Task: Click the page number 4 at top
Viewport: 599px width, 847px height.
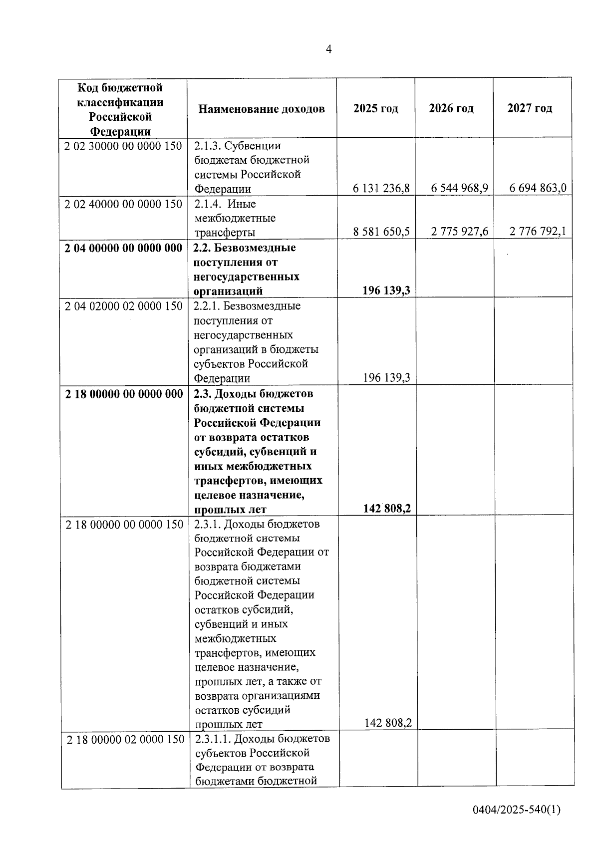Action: (x=328, y=49)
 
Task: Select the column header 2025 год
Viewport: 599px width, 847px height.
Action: (x=375, y=108)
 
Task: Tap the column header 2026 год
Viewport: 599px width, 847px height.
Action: (x=451, y=108)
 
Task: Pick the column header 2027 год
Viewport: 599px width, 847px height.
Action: (x=530, y=108)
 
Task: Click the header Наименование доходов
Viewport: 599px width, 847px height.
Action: (x=261, y=109)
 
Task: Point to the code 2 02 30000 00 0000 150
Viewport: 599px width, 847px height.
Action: (x=123, y=146)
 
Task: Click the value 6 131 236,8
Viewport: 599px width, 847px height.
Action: (x=381, y=188)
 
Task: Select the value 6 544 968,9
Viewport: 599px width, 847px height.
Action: (x=459, y=188)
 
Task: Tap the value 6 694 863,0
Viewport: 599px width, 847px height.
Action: (x=538, y=188)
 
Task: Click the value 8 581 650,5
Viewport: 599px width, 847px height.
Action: (x=381, y=232)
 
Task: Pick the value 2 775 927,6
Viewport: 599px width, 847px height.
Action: (x=459, y=232)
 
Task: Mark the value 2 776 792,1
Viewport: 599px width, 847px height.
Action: (x=538, y=232)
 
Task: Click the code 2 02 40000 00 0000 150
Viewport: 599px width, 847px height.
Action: (x=123, y=204)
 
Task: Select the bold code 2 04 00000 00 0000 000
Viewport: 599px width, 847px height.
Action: (x=123, y=248)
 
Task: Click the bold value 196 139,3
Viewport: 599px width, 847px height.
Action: (x=386, y=290)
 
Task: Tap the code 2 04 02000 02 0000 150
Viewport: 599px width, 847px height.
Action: (x=124, y=306)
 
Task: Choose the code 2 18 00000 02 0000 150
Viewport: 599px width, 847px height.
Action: (x=125, y=739)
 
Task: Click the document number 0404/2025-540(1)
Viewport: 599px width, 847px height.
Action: (x=517, y=810)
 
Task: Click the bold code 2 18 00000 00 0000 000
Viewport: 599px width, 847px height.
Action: (x=124, y=394)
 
